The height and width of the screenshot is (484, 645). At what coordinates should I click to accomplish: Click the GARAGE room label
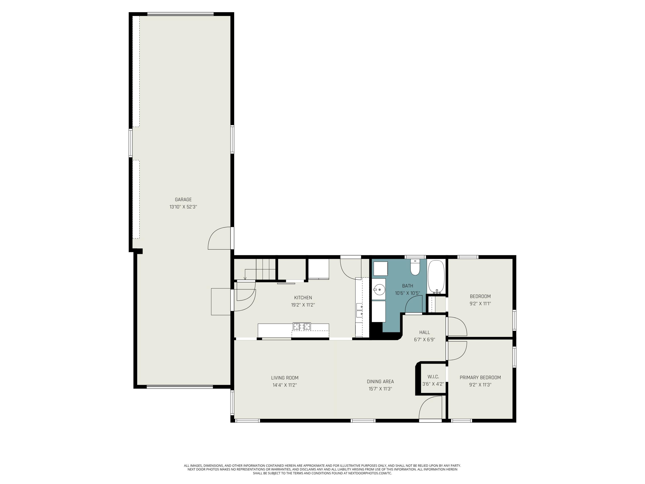pos(183,200)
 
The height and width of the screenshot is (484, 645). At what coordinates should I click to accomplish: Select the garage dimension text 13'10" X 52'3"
pos(183,207)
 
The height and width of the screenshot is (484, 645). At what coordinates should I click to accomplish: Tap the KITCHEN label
pos(303,297)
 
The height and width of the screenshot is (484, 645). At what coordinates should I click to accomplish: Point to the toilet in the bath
pos(415,268)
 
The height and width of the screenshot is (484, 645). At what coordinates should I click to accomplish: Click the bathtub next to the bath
pos(436,277)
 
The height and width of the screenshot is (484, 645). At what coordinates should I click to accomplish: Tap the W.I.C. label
pos(433,377)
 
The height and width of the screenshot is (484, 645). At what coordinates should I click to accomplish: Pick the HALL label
pos(425,332)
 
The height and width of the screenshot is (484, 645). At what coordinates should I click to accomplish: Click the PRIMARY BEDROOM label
pos(480,378)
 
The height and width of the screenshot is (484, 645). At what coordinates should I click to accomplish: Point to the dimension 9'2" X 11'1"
pos(480,303)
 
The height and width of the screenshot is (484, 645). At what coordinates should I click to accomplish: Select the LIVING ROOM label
pos(285,378)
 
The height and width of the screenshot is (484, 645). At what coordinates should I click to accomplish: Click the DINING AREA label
pos(380,381)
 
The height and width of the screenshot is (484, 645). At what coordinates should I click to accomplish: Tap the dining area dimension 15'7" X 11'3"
pos(380,389)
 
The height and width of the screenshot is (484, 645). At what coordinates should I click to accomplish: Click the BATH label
pos(407,286)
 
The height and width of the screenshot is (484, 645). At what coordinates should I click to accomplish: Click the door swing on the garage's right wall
pos(220,238)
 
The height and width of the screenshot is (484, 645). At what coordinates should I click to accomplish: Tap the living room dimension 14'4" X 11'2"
pos(285,385)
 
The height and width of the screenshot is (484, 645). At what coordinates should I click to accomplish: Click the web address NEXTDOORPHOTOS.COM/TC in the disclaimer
pos(370,473)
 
